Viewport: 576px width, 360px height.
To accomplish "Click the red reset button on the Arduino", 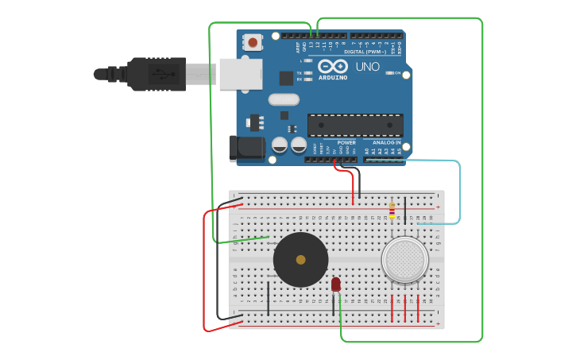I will [253, 41].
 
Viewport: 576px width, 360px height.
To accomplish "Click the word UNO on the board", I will [367, 67].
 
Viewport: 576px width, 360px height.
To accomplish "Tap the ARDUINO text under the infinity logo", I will [333, 78].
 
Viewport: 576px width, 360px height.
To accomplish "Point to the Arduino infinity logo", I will [333, 66].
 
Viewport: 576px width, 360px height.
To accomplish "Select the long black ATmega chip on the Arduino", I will [355, 125].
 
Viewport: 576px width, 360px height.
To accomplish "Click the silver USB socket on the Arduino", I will [241, 73].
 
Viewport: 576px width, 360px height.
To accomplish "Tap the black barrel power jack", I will [247, 149].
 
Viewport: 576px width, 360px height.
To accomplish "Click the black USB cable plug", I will [156, 74].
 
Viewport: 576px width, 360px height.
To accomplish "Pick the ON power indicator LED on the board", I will [390, 73].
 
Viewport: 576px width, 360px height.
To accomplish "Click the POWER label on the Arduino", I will [346, 143].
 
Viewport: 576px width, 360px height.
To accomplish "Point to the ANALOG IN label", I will [387, 143].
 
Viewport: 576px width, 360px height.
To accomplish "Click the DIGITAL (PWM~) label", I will [365, 52].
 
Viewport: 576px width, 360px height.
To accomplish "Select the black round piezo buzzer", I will [300, 260].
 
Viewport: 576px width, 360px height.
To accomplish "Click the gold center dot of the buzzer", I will [300, 260].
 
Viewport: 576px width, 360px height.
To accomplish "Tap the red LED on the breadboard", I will [336, 284].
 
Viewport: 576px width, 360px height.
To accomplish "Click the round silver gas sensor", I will [404, 259].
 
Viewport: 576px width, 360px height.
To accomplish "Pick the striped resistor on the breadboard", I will [392, 209].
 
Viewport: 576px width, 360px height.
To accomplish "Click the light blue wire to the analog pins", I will [459, 191].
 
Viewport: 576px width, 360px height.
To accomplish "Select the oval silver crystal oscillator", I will [284, 99].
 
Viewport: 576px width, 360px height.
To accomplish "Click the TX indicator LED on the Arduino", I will [307, 72].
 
